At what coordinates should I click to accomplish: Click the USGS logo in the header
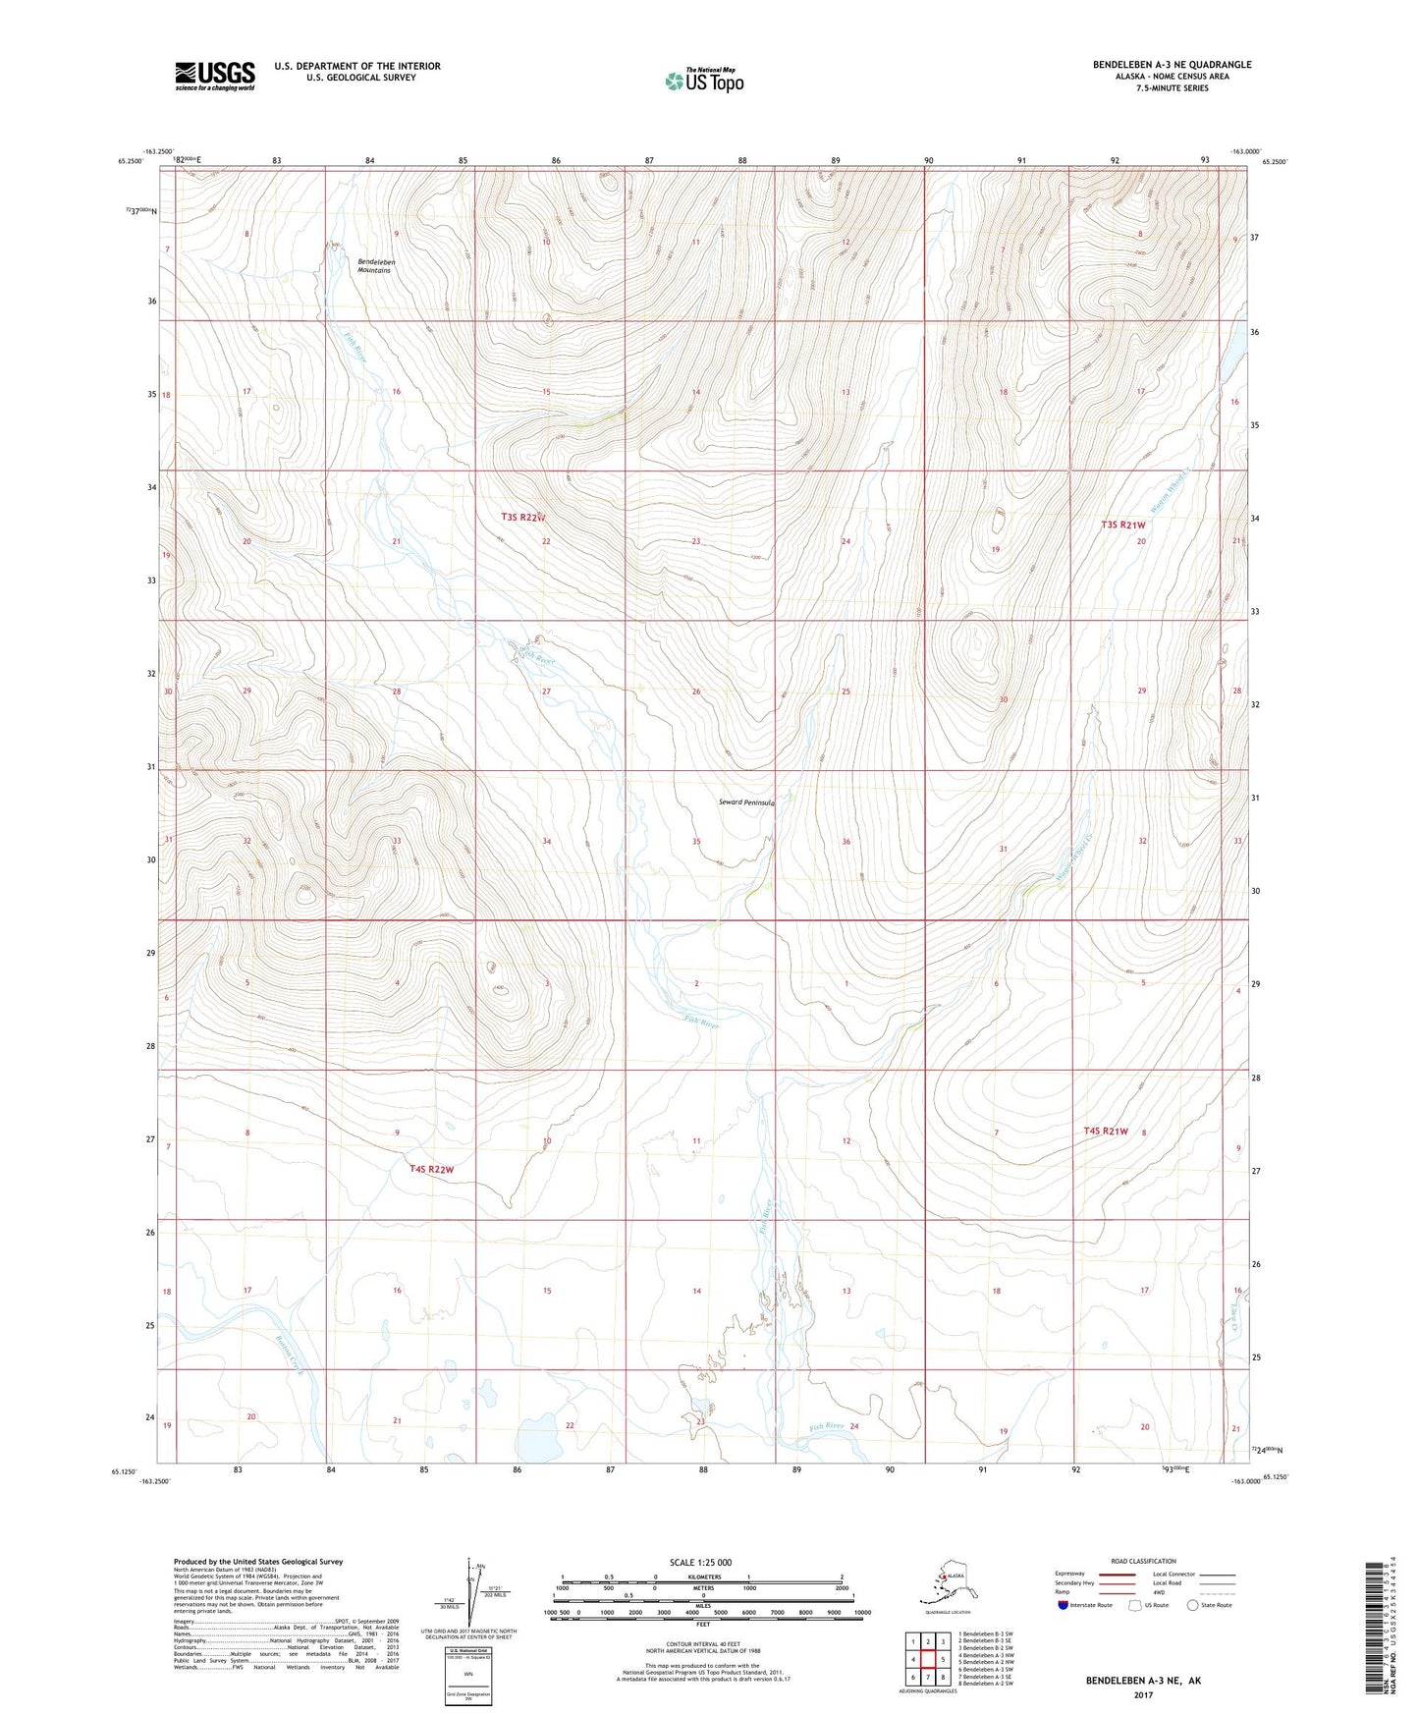coord(214,76)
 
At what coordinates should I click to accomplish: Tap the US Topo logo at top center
coord(703,81)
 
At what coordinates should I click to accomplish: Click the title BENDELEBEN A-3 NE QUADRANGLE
coord(1172,65)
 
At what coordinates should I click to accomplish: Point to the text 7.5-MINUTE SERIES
coord(1172,88)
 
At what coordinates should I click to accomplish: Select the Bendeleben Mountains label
coord(374,266)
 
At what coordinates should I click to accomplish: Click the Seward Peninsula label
coord(746,802)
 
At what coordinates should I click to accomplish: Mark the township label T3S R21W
coord(1122,526)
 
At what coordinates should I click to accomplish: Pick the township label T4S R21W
coord(1106,1132)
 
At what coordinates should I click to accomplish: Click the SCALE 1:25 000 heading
coord(701,1562)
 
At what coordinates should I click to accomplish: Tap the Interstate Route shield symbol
coord(1064,1605)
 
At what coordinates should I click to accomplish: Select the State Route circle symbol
coord(1193,1605)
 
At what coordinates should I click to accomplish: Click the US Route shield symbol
coord(1135,1605)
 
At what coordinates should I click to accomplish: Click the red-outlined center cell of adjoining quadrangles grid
coord(928,1660)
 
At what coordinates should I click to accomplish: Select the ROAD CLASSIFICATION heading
coord(1144,1561)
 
